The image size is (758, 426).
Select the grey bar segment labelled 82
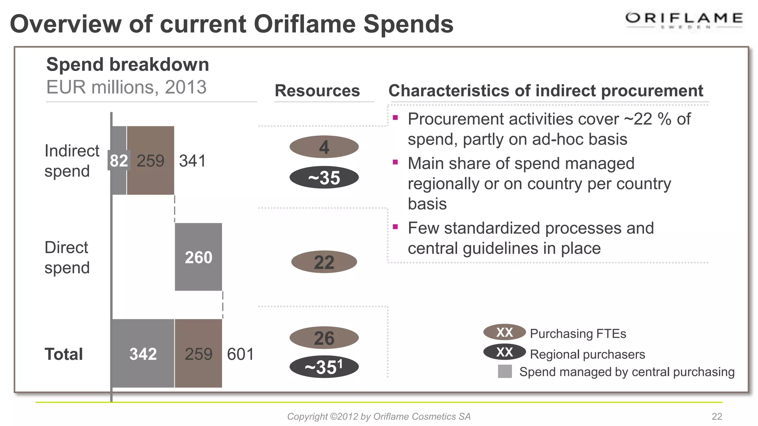pyautogui.click(x=119, y=160)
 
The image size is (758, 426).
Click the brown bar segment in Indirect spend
pyautogui.click(x=151, y=160)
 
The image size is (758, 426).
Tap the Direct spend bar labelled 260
pyautogui.click(x=198, y=257)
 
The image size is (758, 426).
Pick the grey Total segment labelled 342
pyautogui.click(x=143, y=354)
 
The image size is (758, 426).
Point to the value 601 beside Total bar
pyautogui.click(x=240, y=354)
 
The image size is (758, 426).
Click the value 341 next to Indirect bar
pyautogui.click(x=192, y=161)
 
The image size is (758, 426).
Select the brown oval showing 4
pyautogui.click(x=324, y=147)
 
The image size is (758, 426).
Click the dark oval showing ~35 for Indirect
pyautogui.click(x=324, y=177)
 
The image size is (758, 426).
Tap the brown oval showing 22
pyautogui.click(x=324, y=262)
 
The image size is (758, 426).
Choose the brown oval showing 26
pyautogui.click(x=324, y=338)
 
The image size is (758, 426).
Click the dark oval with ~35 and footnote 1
pyautogui.click(x=324, y=367)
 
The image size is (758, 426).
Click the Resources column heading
pyautogui.click(x=317, y=91)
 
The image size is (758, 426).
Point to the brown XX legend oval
pyautogui.click(x=504, y=332)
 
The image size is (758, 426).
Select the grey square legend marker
pyautogui.click(x=505, y=371)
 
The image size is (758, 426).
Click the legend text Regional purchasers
pyautogui.click(x=587, y=354)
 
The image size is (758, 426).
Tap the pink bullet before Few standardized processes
pyautogui.click(x=395, y=227)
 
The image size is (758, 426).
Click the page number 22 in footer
pyautogui.click(x=717, y=416)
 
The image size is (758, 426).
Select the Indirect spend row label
pyautogui.click(x=71, y=161)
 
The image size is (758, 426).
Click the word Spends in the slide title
pyautogui.click(x=408, y=24)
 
